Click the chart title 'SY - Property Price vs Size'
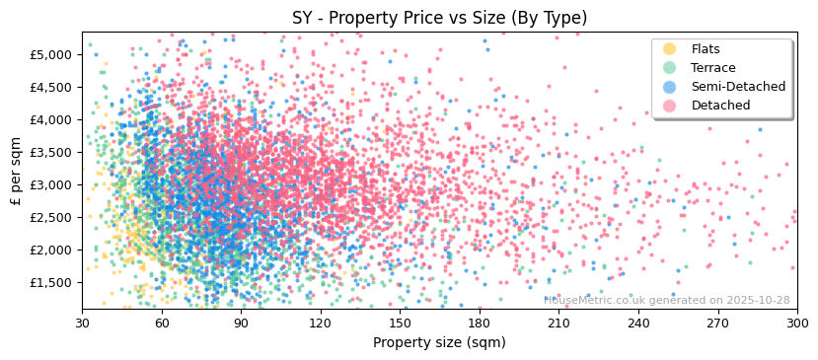click(439, 18)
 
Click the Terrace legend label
click(713, 68)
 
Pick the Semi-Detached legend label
click(738, 87)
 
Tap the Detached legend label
click(720, 106)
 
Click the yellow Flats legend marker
click(670, 49)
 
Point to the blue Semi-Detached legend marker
click(670, 87)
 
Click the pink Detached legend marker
click(670, 106)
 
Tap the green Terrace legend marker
click(670, 68)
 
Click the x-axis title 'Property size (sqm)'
click(439, 343)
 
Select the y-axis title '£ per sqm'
click(16, 171)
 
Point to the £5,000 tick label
click(51, 54)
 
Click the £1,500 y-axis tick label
click(51, 282)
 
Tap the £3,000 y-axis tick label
click(51, 184)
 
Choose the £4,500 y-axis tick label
click(51, 87)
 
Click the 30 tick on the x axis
click(82, 323)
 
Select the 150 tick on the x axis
click(400, 323)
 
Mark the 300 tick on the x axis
click(796, 323)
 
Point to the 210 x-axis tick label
click(558, 323)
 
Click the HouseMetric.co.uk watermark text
click(667, 300)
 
